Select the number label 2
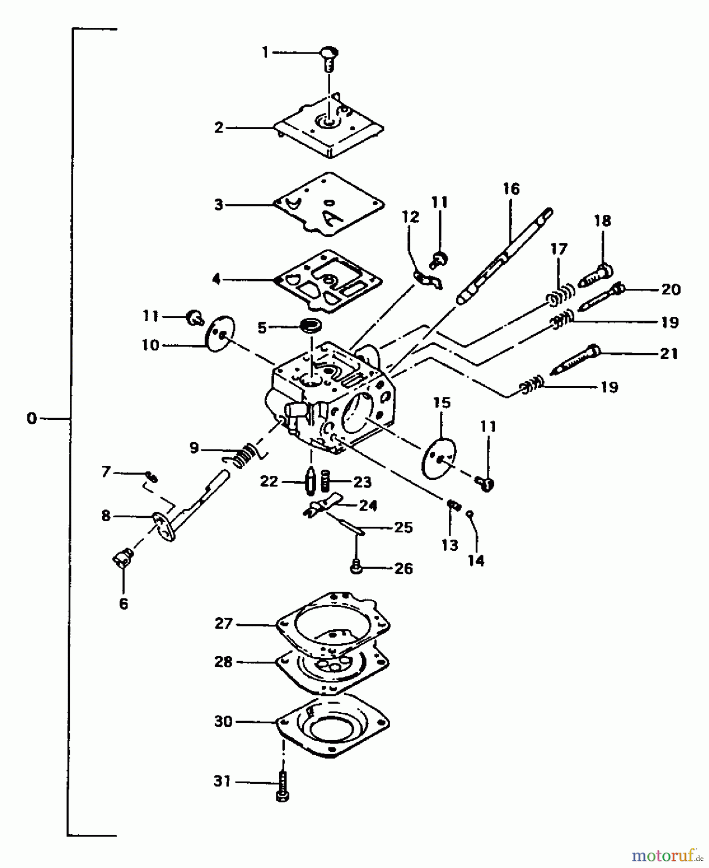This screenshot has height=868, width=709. click(219, 128)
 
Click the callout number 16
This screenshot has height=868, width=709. click(511, 189)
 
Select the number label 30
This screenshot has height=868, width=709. click(223, 721)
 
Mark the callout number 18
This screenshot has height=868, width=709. click(602, 221)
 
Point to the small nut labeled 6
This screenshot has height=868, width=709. click(123, 559)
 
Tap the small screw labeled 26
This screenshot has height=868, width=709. click(356, 568)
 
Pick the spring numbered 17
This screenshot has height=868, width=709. click(561, 294)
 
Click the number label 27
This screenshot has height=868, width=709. click(224, 624)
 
